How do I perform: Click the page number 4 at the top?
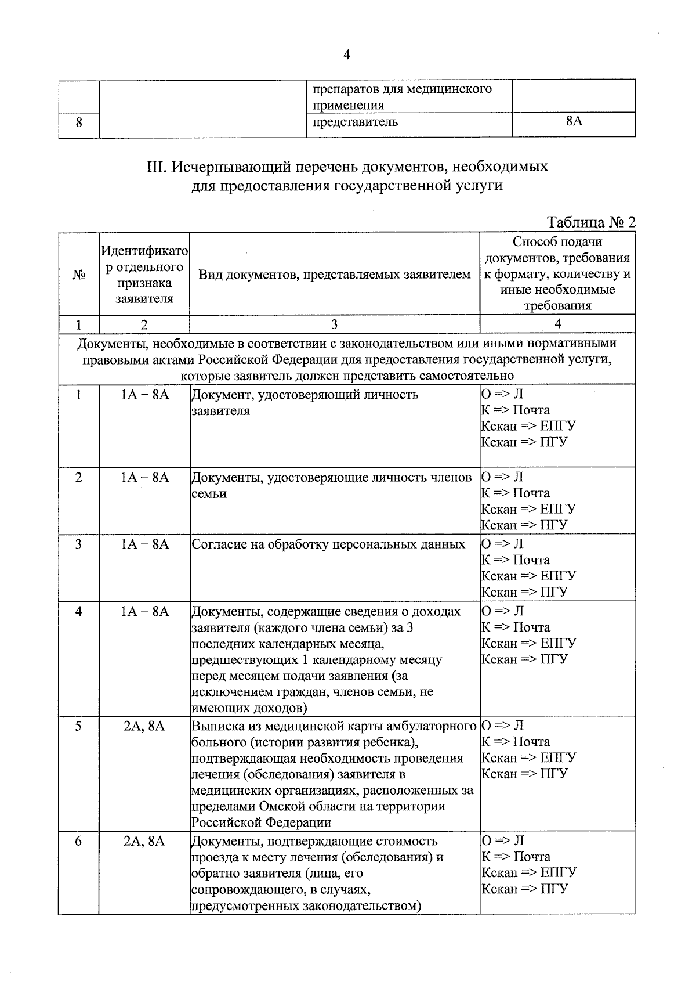click(x=346, y=55)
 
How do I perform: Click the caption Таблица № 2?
click(x=591, y=223)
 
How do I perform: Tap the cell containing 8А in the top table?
click(x=573, y=121)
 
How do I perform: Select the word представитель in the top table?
click(x=355, y=122)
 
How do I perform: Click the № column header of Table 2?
click(x=79, y=274)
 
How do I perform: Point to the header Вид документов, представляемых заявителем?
click(x=334, y=274)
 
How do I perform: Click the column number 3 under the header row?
click(x=334, y=324)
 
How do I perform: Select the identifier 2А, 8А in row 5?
click(x=144, y=726)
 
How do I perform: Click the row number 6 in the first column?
click(x=79, y=840)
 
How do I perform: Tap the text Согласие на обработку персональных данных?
click(x=328, y=544)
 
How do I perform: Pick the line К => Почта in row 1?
click(x=516, y=410)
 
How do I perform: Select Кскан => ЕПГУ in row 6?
click(x=528, y=872)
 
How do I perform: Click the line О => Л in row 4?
click(x=502, y=611)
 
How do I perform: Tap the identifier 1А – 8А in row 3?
click(x=144, y=544)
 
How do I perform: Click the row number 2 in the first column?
click(x=79, y=477)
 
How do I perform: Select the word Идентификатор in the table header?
click(x=144, y=251)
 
